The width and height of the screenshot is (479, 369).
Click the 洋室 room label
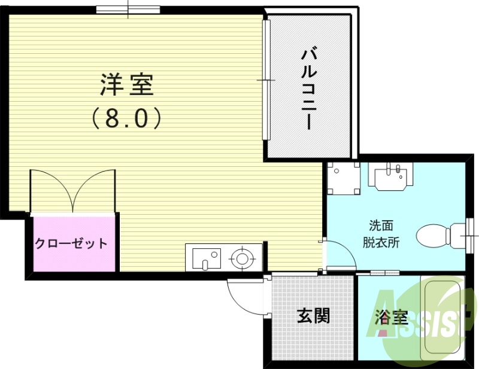[x=127, y=86]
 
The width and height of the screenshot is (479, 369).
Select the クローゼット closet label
[x=72, y=243]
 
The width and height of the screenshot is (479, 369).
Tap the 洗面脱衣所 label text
[x=381, y=234]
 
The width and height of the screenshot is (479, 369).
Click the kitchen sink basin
[x=204, y=258]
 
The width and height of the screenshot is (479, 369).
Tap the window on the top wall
[x=128, y=10]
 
